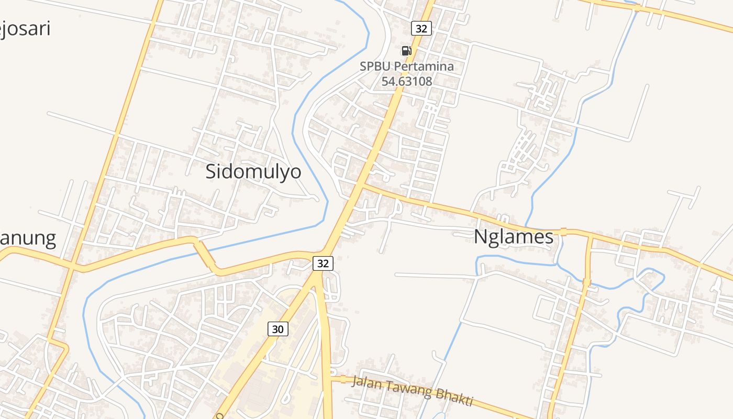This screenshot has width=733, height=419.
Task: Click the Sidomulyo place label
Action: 253,172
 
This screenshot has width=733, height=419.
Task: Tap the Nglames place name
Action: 513,237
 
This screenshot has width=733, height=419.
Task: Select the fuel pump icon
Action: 406,51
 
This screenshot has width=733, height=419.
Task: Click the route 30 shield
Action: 278,329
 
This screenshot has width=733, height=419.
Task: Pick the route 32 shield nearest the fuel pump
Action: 421,28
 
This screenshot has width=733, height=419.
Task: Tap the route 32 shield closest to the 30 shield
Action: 323,263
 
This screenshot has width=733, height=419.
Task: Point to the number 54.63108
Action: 406,81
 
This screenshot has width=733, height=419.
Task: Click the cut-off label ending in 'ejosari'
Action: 25,28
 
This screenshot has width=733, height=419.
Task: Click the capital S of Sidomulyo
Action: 211,172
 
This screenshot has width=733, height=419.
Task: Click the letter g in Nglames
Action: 496,238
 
